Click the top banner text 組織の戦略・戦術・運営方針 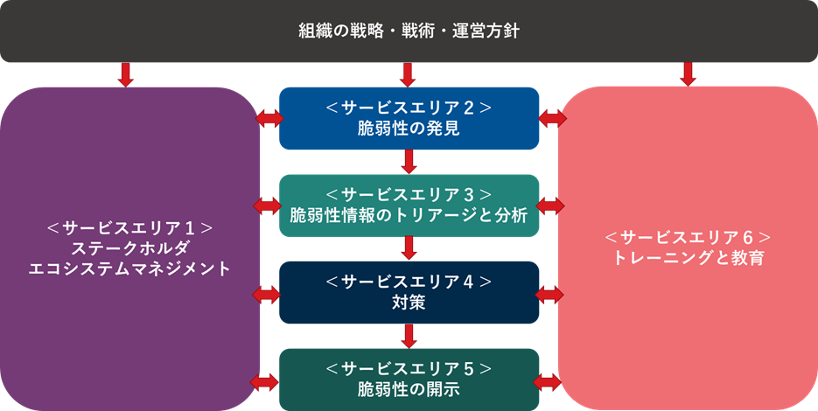click(x=409, y=31)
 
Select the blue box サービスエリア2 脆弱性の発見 click(x=409, y=118)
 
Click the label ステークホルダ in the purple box click(x=130, y=248)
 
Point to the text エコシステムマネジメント click(x=130, y=268)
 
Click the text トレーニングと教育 click(x=688, y=258)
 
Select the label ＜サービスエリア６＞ click(x=688, y=238)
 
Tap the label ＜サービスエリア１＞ click(x=130, y=228)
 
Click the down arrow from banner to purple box click(x=125, y=74)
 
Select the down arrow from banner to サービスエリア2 click(x=409, y=74)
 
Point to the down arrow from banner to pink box click(x=688, y=74)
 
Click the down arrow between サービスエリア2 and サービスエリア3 click(x=409, y=162)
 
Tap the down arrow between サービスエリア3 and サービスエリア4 click(x=409, y=248)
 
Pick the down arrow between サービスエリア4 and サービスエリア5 click(x=409, y=336)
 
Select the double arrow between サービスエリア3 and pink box click(x=550, y=205)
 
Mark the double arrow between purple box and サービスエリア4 click(x=266, y=293)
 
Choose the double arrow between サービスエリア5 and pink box click(x=550, y=381)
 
